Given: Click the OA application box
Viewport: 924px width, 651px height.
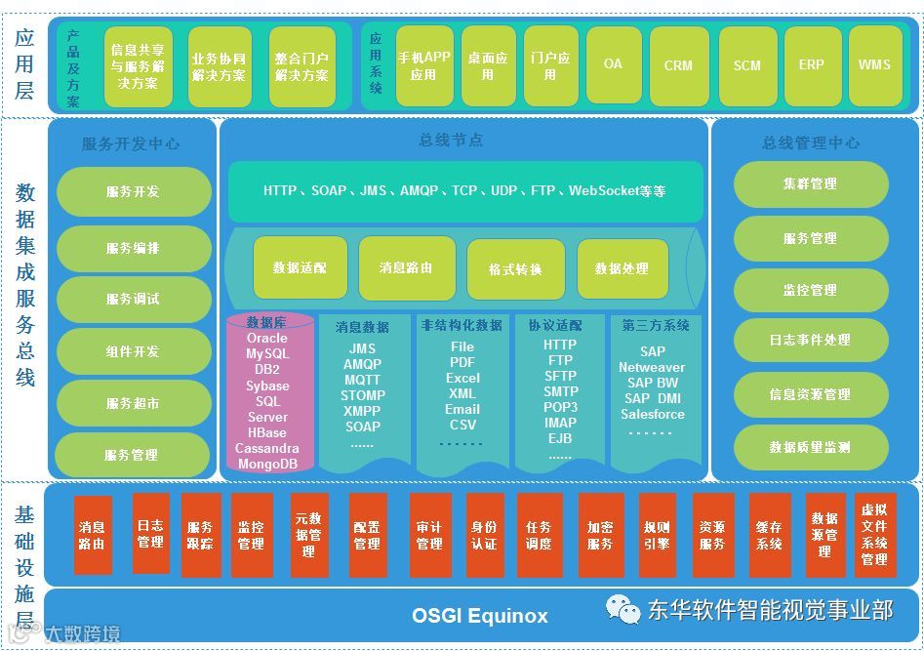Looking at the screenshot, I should (613, 64).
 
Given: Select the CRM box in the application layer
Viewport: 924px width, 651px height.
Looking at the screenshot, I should (678, 65).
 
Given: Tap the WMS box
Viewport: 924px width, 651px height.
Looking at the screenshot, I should (874, 65).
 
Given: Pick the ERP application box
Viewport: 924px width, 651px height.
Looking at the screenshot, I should (812, 65).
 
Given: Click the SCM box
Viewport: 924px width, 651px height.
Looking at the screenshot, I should (746, 65).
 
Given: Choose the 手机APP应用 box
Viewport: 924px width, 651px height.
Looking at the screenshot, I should (423, 65).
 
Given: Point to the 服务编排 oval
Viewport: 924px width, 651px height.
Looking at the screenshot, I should (134, 248).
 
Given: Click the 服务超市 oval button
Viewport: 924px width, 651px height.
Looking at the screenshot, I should (134, 403).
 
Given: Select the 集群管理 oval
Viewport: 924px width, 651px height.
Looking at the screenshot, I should (810, 183).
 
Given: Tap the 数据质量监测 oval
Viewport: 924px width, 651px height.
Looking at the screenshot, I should (810, 447).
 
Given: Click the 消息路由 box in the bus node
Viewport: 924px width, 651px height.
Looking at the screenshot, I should (406, 267).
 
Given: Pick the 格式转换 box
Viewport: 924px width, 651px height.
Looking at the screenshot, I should (515, 268).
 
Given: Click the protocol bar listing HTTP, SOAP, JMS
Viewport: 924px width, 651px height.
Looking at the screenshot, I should (464, 191).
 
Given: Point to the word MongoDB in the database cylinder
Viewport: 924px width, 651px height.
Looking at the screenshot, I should (267, 465).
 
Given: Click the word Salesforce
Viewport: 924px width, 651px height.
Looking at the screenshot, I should (653, 414).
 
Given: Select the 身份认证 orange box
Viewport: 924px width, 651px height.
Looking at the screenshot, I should (484, 536).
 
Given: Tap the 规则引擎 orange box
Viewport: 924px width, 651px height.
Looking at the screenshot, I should (657, 536).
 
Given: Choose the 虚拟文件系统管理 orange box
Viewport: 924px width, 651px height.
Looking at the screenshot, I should (874, 534).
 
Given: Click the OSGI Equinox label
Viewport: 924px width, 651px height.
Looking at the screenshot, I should (480, 616).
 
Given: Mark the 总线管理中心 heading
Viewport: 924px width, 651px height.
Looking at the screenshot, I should (811, 142).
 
